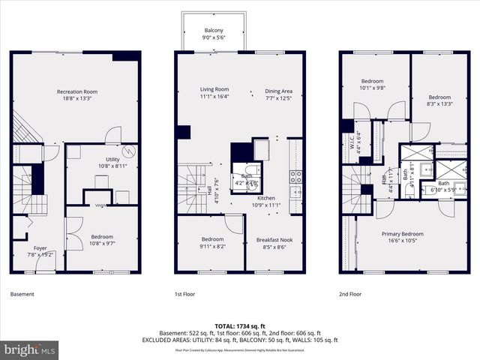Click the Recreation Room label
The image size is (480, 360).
pyautogui.click(x=77, y=91)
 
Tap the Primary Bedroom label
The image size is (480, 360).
pyautogui.click(x=402, y=234)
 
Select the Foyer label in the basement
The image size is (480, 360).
pyautogui.click(x=40, y=248)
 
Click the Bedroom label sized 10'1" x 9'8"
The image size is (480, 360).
pyautogui.click(x=373, y=81)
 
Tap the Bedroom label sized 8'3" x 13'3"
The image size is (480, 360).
pyautogui.click(x=439, y=97)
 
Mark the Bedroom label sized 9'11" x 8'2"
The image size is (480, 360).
pyautogui.click(x=212, y=239)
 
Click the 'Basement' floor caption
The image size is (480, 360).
pyautogui.click(x=22, y=295)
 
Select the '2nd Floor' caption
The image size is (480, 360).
pyautogui.click(x=352, y=295)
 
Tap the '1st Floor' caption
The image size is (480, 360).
pyautogui.click(x=184, y=295)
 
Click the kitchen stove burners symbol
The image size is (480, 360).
pyautogui.click(x=295, y=177)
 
